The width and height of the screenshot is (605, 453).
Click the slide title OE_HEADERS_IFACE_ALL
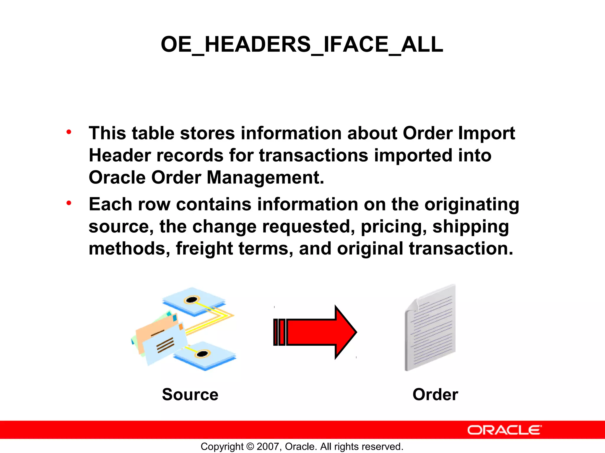click(x=302, y=44)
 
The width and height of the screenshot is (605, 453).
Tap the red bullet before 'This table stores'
click(x=69, y=132)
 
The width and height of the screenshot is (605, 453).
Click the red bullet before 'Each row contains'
click(x=69, y=203)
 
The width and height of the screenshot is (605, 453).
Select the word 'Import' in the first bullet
click(x=487, y=133)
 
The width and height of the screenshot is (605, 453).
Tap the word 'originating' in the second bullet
click(x=471, y=204)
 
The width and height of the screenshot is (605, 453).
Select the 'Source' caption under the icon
click(x=190, y=395)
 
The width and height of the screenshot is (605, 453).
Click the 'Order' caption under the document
click(x=435, y=395)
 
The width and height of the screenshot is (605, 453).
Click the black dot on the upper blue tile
click(x=191, y=300)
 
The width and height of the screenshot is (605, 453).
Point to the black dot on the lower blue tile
click(x=203, y=354)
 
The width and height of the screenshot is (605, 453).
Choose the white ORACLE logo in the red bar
click(x=504, y=430)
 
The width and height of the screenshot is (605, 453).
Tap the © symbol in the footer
click(x=250, y=447)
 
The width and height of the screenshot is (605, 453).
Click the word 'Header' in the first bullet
click(x=120, y=155)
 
